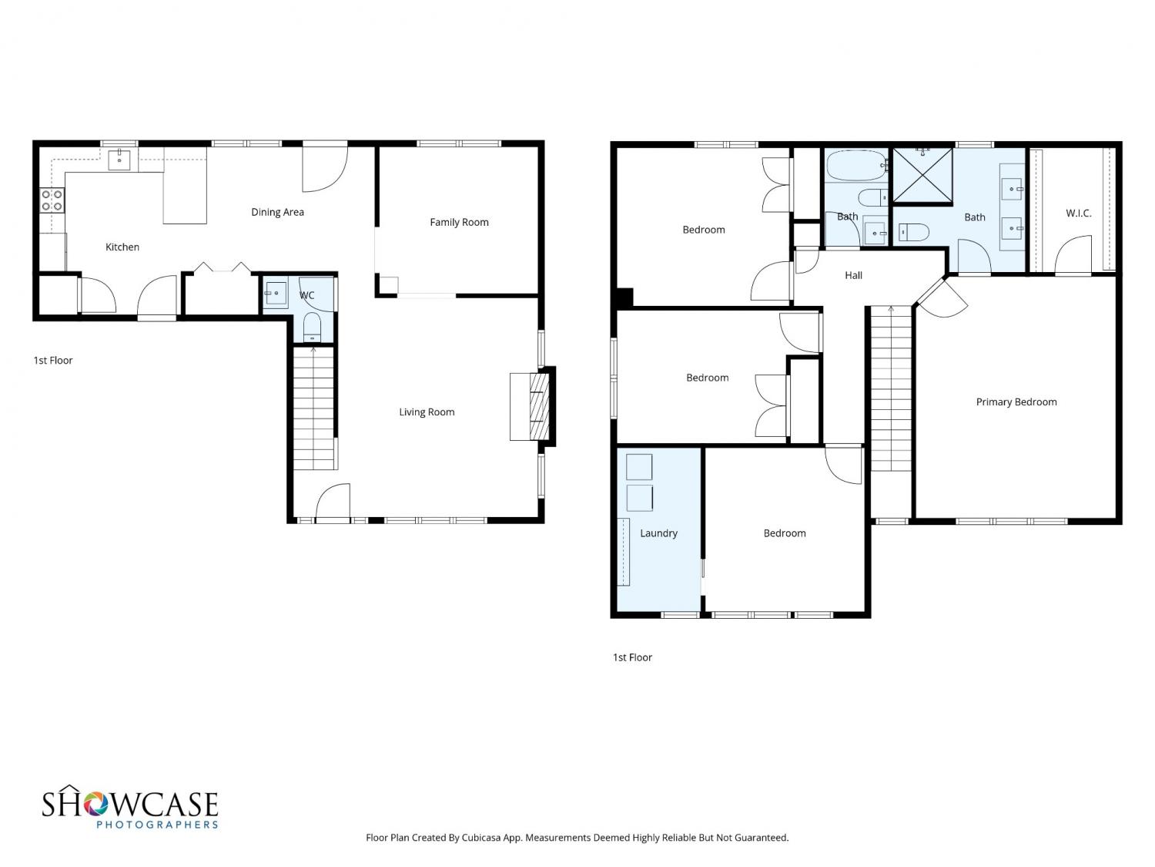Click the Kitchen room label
coord(122,247)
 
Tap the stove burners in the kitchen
coord(52,200)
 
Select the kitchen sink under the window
coord(119,160)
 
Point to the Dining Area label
coord(277,212)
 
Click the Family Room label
coord(459,222)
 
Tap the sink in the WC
coord(275,293)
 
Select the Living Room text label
coord(427,412)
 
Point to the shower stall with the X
coord(922,175)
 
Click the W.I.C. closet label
coord(1078,213)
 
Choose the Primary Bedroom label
coord(1016,402)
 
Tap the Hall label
coord(853,275)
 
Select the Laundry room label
coord(658,533)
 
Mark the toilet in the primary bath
coord(913,232)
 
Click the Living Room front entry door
coord(333,502)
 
